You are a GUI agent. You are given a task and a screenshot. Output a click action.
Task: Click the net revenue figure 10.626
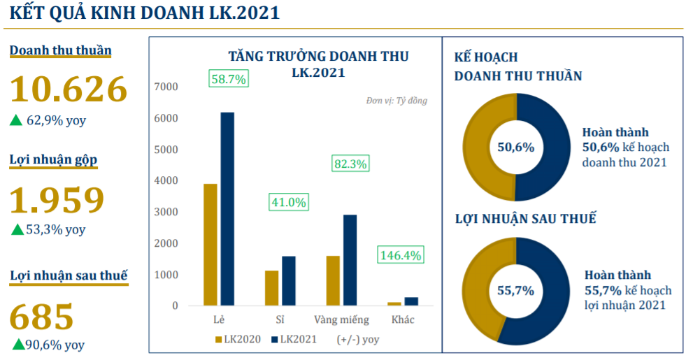tap(69, 89)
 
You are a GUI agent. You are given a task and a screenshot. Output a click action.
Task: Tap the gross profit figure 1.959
tap(57, 199)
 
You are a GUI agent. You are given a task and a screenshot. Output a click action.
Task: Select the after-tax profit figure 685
tap(42, 316)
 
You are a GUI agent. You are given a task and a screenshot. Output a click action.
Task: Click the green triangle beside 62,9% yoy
tap(16, 120)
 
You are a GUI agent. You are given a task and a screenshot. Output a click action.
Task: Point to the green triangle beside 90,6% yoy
tap(17, 344)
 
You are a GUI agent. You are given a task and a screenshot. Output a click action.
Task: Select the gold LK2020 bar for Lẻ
tap(210, 245)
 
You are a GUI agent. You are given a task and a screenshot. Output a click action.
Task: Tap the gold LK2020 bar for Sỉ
tap(271, 288)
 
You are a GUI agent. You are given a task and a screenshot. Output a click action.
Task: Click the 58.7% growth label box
tap(228, 79)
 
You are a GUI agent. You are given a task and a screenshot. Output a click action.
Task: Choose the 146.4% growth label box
tap(401, 255)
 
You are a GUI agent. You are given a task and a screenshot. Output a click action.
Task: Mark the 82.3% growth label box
tap(350, 164)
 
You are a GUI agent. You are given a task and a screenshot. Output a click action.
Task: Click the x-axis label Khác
tap(403, 319)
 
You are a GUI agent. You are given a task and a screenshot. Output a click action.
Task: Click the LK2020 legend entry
tap(238, 340)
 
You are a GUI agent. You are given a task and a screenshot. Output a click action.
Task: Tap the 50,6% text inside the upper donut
tap(515, 147)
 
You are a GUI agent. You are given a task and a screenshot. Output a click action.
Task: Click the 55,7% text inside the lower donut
tap(515, 290)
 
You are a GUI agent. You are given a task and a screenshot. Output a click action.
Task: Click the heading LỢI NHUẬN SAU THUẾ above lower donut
tap(525, 219)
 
